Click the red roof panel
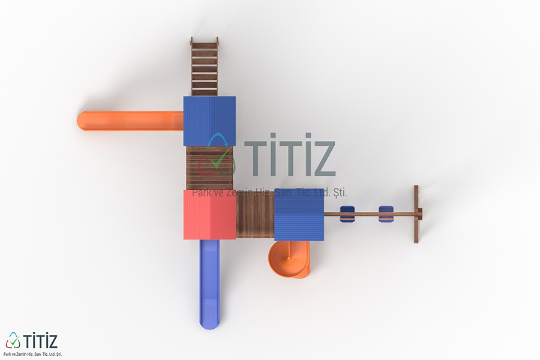209,214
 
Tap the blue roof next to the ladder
209,121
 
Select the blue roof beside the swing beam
299,215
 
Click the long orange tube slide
130,121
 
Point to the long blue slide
209,284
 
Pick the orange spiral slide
289,259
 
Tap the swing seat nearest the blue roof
347,214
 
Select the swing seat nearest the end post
386,214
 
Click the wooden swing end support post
416,214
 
